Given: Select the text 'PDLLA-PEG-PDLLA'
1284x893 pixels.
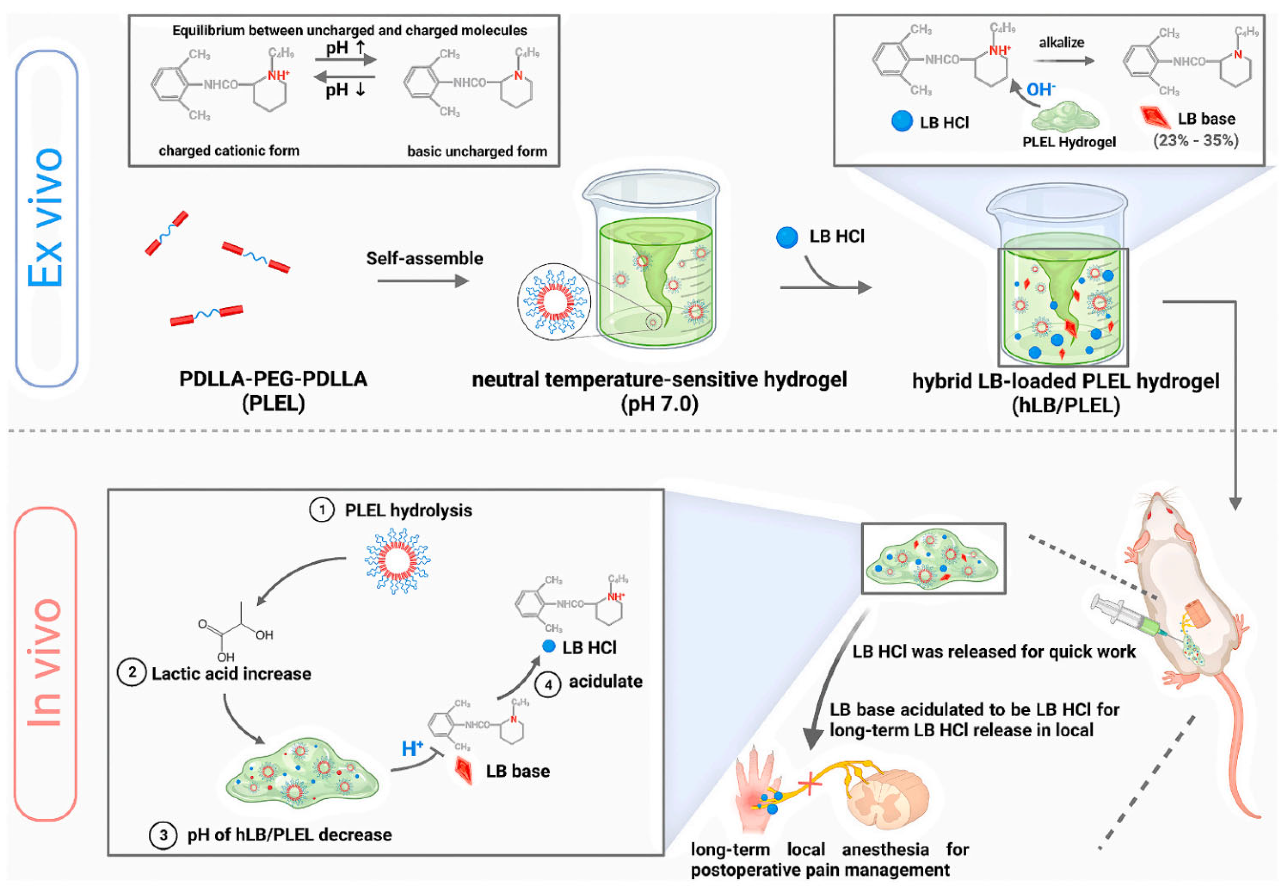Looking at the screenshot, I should click(x=273, y=379).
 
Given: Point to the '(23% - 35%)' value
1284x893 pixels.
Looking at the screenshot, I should click(x=1196, y=140).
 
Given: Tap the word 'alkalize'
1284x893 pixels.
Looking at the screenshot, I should click(x=1061, y=42).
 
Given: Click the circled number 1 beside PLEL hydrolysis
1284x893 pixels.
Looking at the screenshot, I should click(x=321, y=510).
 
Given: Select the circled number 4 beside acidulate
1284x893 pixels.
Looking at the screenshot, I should click(x=548, y=685).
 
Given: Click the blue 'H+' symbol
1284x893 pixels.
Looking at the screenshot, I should click(x=412, y=749).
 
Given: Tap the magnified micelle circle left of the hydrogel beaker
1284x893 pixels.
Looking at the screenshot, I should click(x=554, y=302).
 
